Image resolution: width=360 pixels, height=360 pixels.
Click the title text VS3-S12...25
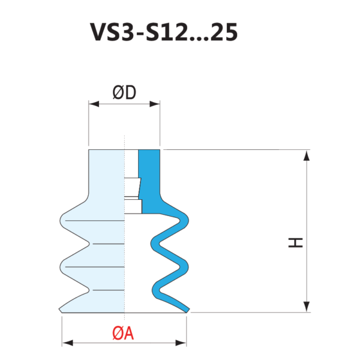click(164, 32)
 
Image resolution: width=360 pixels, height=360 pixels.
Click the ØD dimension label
click(124, 93)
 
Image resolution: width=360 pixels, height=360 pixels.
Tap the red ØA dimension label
click(123, 334)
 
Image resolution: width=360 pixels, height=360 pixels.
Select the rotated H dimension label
click(296, 242)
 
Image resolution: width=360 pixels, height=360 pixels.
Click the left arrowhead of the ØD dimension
click(94, 104)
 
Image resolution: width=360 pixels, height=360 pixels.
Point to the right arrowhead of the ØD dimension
click(155, 104)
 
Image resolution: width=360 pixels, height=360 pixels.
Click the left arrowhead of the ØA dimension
click(67, 343)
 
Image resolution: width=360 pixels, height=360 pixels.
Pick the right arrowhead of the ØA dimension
click(181, 343)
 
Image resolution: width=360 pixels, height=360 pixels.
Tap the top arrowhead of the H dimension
click(307, 155)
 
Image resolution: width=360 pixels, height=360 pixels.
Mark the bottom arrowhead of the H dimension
click(307, 307)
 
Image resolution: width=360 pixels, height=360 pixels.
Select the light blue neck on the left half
click(107, 175)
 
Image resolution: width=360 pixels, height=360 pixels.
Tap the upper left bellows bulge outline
click(61, 221)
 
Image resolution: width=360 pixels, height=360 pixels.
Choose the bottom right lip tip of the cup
click(188, 310)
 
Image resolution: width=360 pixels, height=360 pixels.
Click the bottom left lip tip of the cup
click(61, 310)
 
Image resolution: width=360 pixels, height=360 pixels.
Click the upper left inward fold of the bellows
click(88, 244)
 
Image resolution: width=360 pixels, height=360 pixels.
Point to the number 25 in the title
click(224, 32)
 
